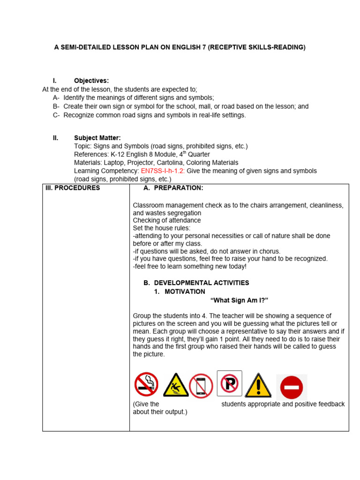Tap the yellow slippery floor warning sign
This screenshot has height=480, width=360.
[176, 385]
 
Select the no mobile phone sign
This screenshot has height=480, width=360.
[201, 386]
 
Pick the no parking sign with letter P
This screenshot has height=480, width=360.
[230, 383]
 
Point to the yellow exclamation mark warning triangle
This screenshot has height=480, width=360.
[258, 385]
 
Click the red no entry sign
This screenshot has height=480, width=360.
[292, 388]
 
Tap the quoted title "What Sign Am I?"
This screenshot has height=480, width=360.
[239, 300]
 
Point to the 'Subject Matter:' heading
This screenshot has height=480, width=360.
[97, 138]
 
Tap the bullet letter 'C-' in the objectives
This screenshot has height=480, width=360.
[56, 115]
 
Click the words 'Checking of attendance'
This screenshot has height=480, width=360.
[167, 220]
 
